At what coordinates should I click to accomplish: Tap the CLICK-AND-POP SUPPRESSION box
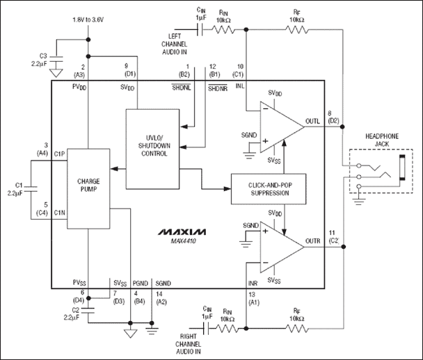coord(268,188)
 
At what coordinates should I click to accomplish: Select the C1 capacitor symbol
coord(30,188)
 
